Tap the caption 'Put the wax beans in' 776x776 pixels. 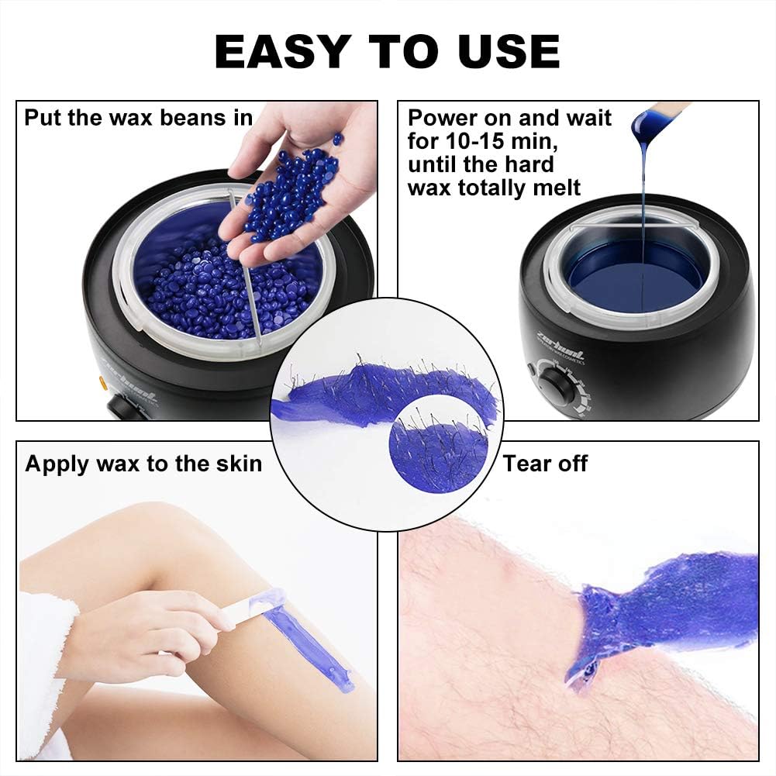click(138, 118)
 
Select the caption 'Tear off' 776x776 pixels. click(545, 464)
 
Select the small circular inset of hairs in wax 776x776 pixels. click(439, 443)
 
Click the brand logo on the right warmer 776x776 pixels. click(559, 355)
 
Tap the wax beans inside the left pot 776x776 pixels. click(194, 287)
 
